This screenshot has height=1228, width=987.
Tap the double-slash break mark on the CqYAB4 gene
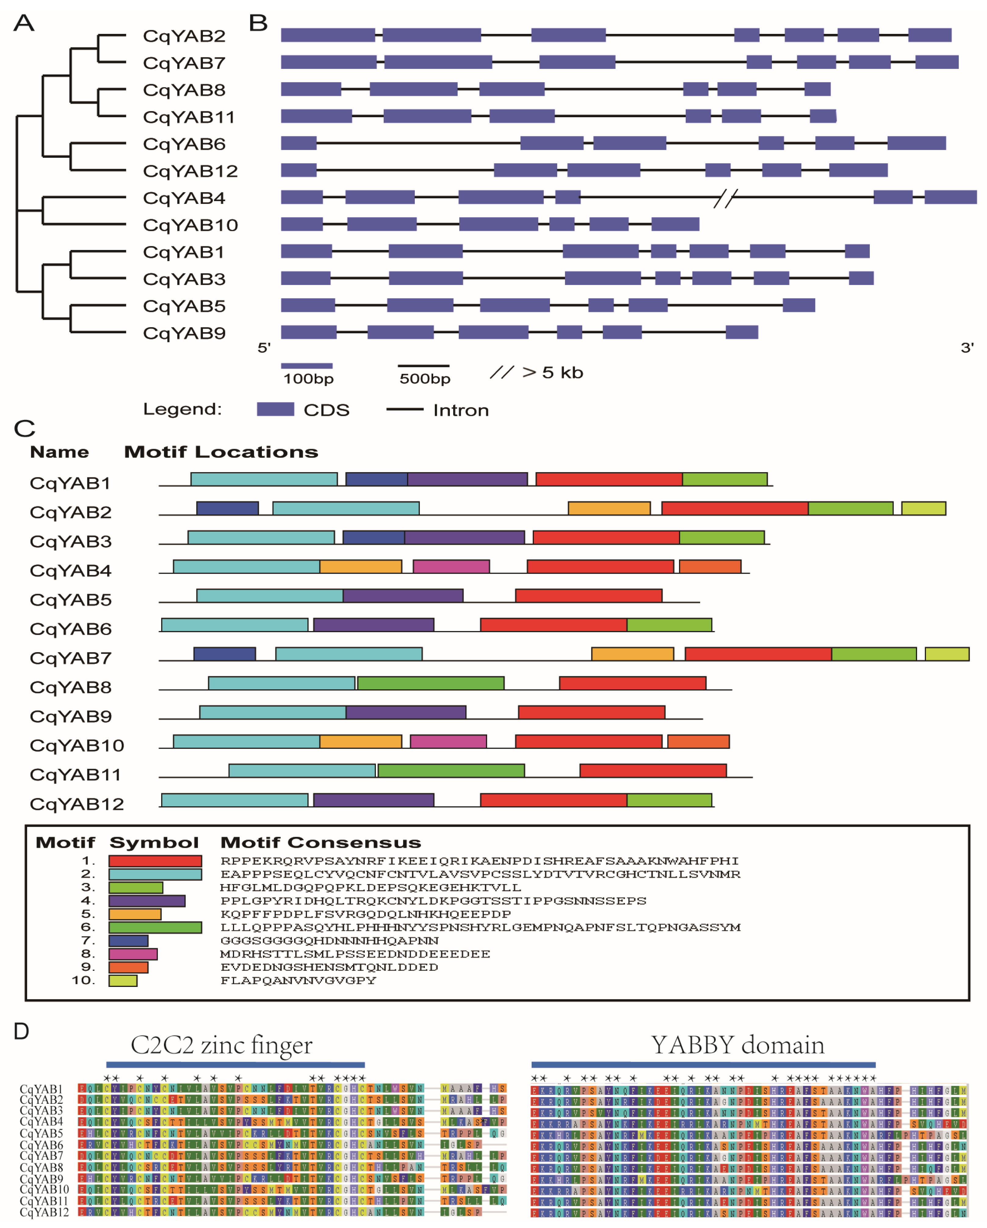pyautogui.click(x=725, y=198)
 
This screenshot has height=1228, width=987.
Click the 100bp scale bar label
pyautogui.click(x=308, y=379)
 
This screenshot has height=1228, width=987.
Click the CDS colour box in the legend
pyautogui.click(x=275, y=410)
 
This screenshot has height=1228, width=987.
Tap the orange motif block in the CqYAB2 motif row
pyautogui.click(x=609, y=508)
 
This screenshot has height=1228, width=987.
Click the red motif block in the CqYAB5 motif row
pyautogui.click(x=588, y=596)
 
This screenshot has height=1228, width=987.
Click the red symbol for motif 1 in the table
pyautogui.click(x=155, y=861)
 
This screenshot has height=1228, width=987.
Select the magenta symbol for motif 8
pyautogui.click(x=133, y=954)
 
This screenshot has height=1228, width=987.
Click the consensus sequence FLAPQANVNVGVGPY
pyautogui.click(x=298, y=981)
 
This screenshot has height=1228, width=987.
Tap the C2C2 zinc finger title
pyautogui.click(x=222, y=1045)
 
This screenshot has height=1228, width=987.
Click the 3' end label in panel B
pyautogui.click(x=967, y=348)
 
